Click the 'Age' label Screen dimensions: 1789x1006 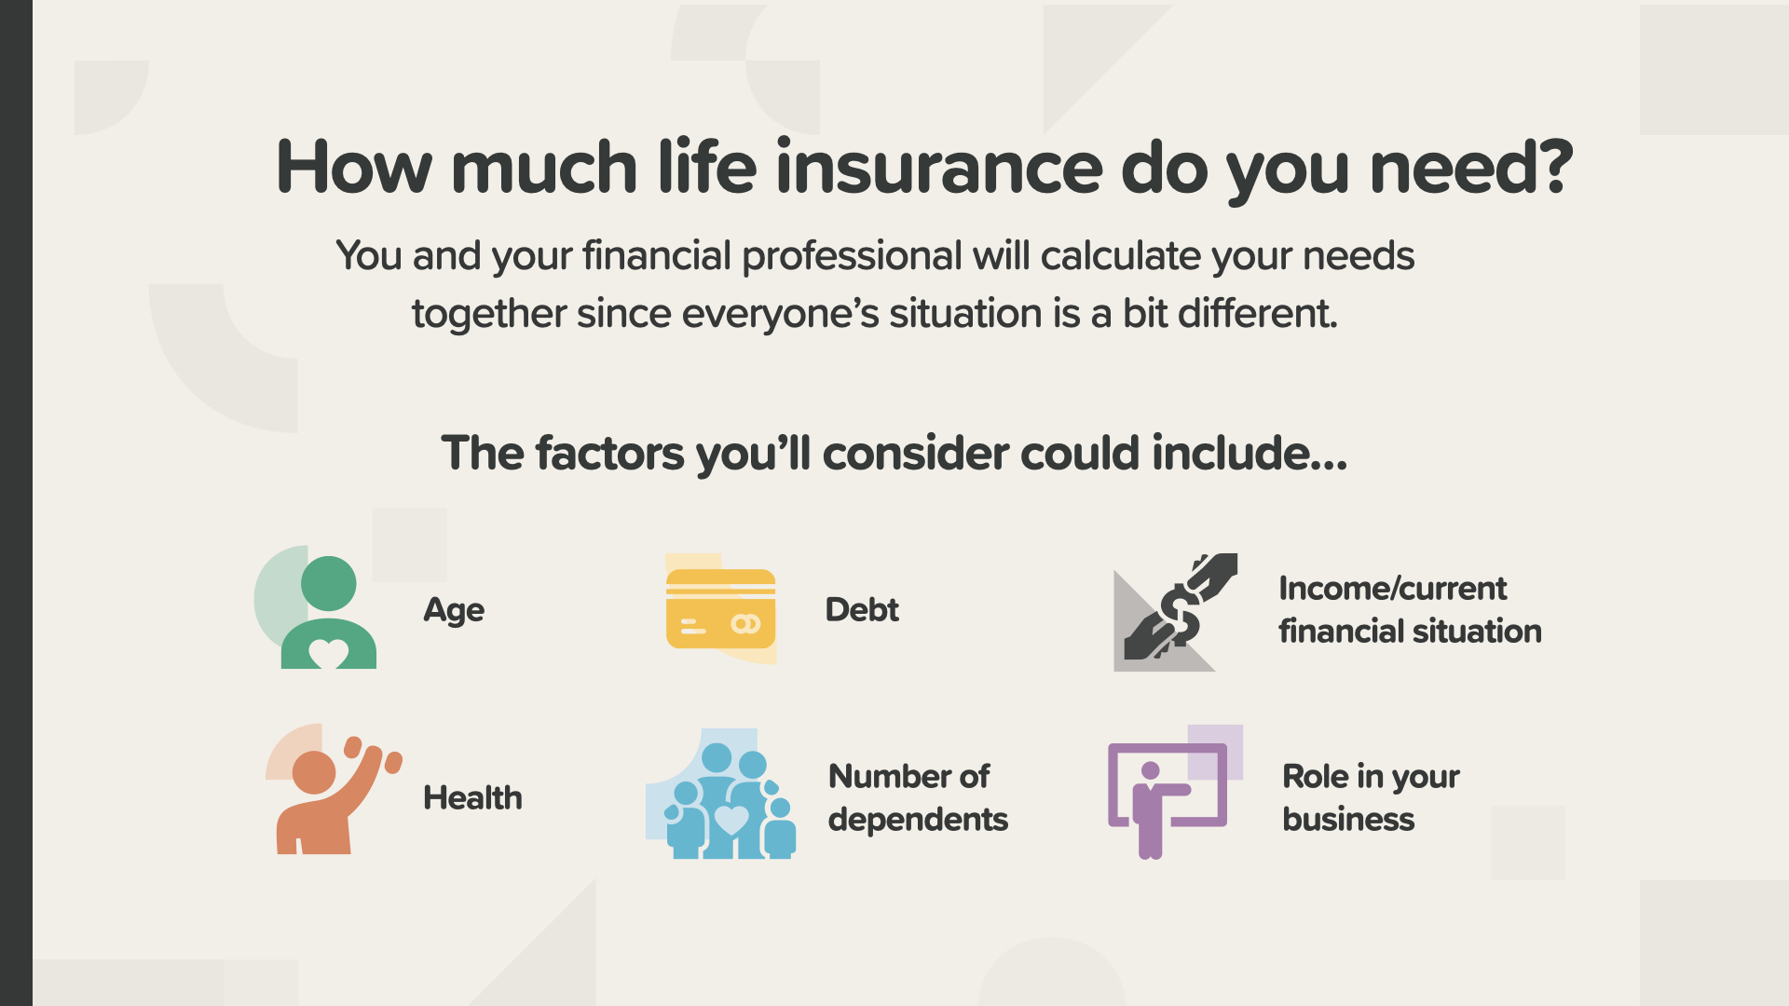coord(454,611)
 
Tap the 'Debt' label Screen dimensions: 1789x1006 coord(862,610)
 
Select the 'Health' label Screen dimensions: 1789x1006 coord(472,798)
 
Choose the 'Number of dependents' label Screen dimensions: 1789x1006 coord(918,798)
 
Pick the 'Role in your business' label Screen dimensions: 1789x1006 coord(1371,798)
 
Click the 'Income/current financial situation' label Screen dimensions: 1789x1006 coord(1410,610)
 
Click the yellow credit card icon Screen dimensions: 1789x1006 coord(720,609)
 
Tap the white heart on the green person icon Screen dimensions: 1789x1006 coord(328,654)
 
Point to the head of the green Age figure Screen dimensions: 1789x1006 coord(329,584)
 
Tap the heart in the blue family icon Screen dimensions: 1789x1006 coord(731,820)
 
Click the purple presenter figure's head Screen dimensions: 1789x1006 coord(1151,771)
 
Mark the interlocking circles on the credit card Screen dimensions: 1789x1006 coord(745,624)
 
